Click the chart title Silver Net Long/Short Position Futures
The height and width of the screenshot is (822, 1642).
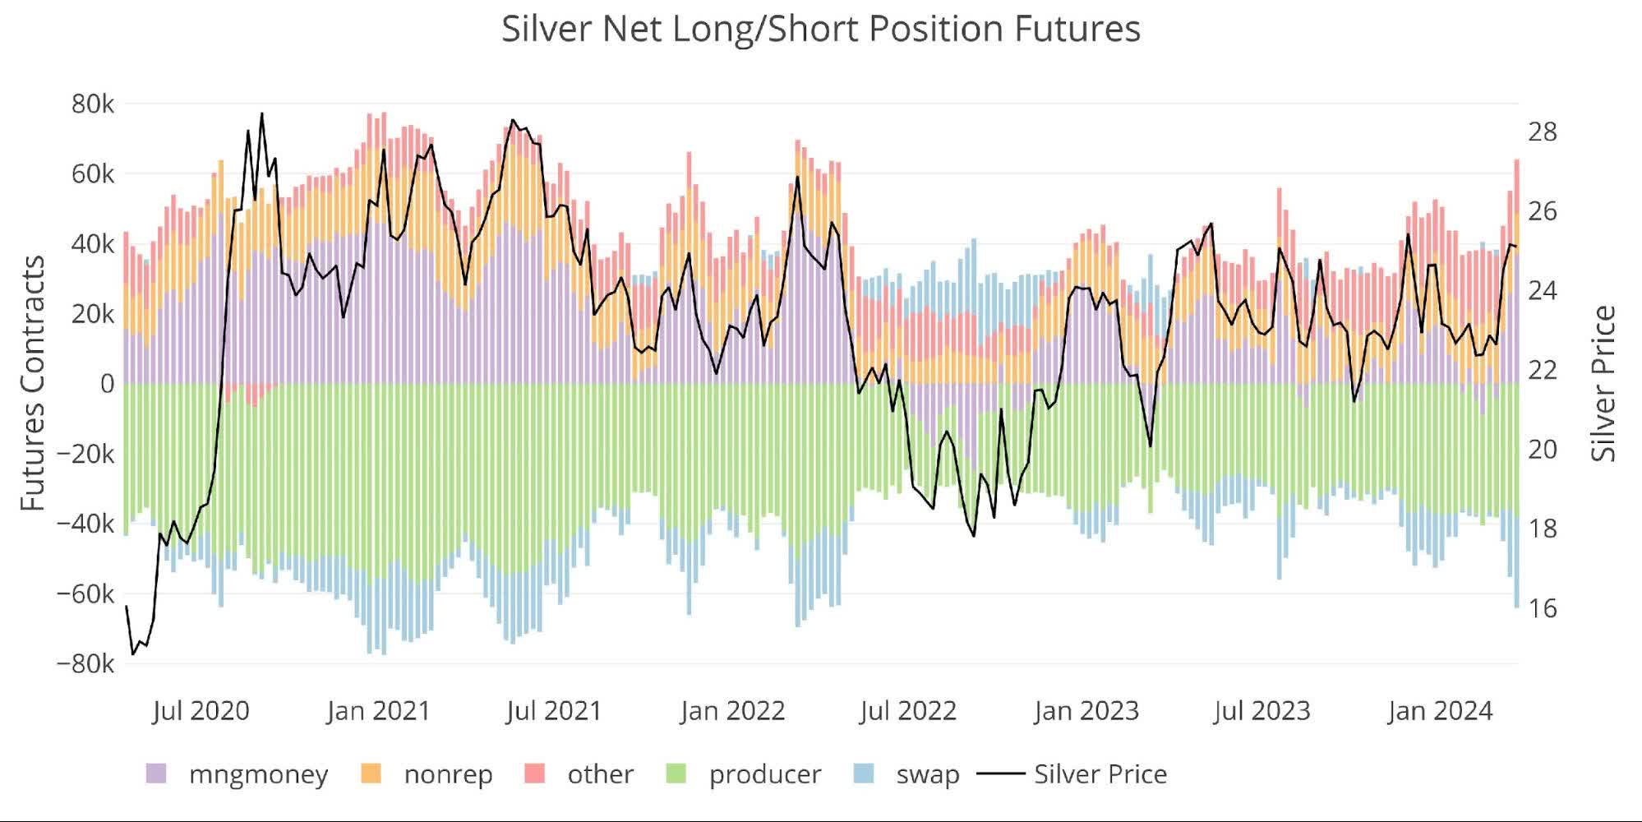(x=820, y=30)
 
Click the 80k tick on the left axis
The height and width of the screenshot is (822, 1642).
(x=92, y=104)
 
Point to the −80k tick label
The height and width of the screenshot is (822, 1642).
(x=85, y=663)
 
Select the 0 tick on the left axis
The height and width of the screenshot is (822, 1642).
(x=107, y=384)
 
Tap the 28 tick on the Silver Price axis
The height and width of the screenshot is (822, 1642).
(x=1542, y=132)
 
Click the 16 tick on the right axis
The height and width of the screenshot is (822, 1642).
(x=1542, y=608)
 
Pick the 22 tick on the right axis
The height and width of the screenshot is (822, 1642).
(x=1542, y=370)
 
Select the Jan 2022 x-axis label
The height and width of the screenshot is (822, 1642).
(x=732, y=710)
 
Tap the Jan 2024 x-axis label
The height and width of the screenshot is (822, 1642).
(x=1440, y=710)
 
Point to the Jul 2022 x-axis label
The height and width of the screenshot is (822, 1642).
(x=908, y=710)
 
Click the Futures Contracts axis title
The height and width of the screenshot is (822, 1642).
(x=33, y=383)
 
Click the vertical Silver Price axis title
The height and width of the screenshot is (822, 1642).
(x=1603, y=383)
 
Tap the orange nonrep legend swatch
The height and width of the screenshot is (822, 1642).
(x=371, y=774)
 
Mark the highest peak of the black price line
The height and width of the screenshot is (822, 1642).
(x=261, y=113)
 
